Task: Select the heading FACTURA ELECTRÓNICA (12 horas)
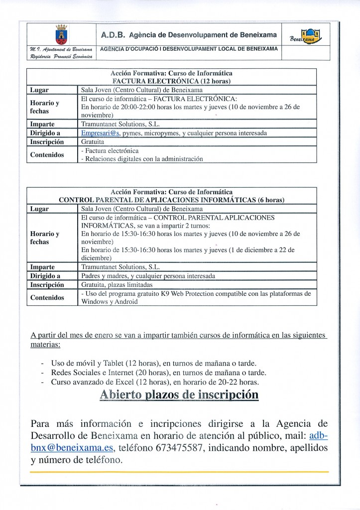point(171,81)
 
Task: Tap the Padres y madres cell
point(148,275)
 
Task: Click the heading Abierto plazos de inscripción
point(179,395)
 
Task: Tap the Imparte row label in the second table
point(42,266)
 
